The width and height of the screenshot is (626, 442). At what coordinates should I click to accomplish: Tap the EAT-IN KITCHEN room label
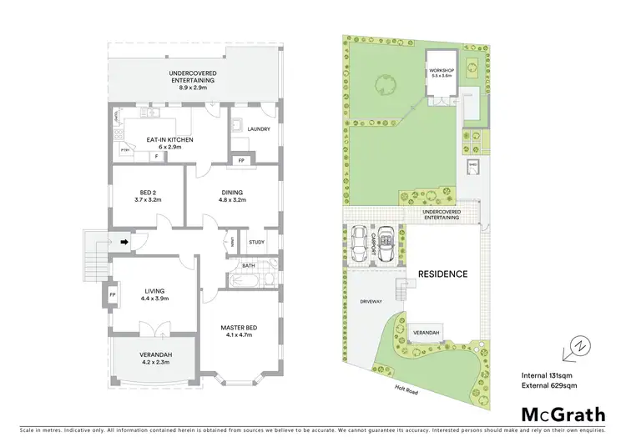[170, 140]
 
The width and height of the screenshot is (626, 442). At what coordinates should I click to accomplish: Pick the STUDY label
[256, 242]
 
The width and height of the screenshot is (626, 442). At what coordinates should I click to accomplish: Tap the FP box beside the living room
[111, 294]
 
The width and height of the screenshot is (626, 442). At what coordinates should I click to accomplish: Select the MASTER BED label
[239, 327]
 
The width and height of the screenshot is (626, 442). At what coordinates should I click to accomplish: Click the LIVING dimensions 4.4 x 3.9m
[155, 299]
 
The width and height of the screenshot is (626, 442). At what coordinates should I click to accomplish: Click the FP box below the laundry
[241, 160]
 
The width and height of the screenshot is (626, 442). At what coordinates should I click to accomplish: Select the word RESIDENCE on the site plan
[442, 274]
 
